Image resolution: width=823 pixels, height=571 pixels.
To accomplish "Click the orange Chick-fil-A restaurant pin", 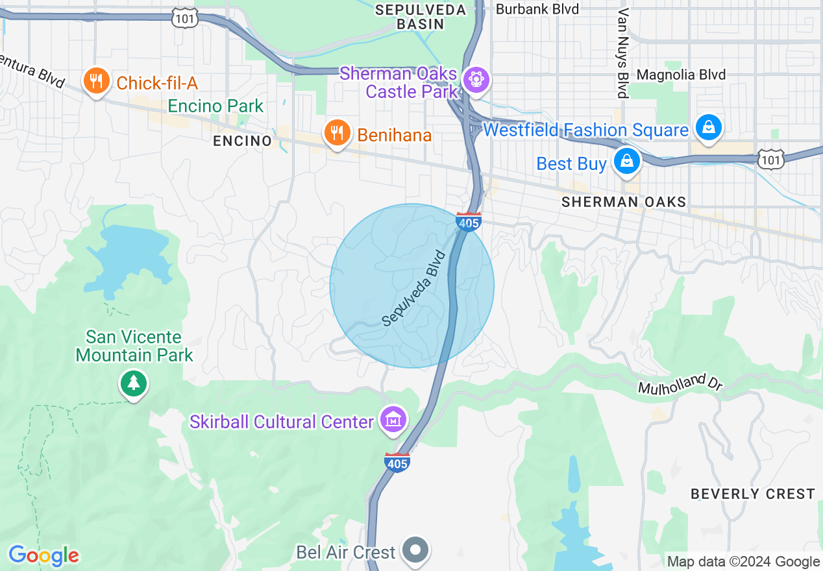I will click(97, 82).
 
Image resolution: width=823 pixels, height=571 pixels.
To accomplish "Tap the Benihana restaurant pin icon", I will click(336, 134).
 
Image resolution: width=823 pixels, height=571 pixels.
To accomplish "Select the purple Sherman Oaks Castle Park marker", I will click(476, 80).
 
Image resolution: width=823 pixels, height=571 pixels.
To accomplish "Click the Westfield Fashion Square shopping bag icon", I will click(709, 128).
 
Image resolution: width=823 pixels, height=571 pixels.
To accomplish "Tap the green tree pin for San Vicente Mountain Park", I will click(134, 383).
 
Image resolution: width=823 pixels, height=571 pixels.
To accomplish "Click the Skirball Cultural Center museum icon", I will click(394, 420).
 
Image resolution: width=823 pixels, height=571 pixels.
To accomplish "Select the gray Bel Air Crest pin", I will click(415, 550).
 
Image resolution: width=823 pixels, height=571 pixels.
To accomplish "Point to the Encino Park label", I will click(215, 106).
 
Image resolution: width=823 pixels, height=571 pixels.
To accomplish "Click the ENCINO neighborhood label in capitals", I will click(242, 141).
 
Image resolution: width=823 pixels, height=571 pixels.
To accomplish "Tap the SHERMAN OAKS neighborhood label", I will click(624, 202).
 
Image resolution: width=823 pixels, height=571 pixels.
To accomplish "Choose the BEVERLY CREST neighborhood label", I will click(752, 494).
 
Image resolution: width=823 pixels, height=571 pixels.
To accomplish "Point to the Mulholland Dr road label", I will click(680, 382).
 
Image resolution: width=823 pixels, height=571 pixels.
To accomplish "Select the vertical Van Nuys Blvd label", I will click(624, 53).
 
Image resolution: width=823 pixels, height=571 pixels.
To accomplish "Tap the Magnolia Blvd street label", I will click(681, 75).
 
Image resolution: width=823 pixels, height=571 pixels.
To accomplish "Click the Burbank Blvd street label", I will click(537, 9).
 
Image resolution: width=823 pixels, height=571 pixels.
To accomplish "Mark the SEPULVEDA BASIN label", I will click(421, 17).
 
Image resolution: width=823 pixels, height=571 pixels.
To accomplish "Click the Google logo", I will click(43, 555).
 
